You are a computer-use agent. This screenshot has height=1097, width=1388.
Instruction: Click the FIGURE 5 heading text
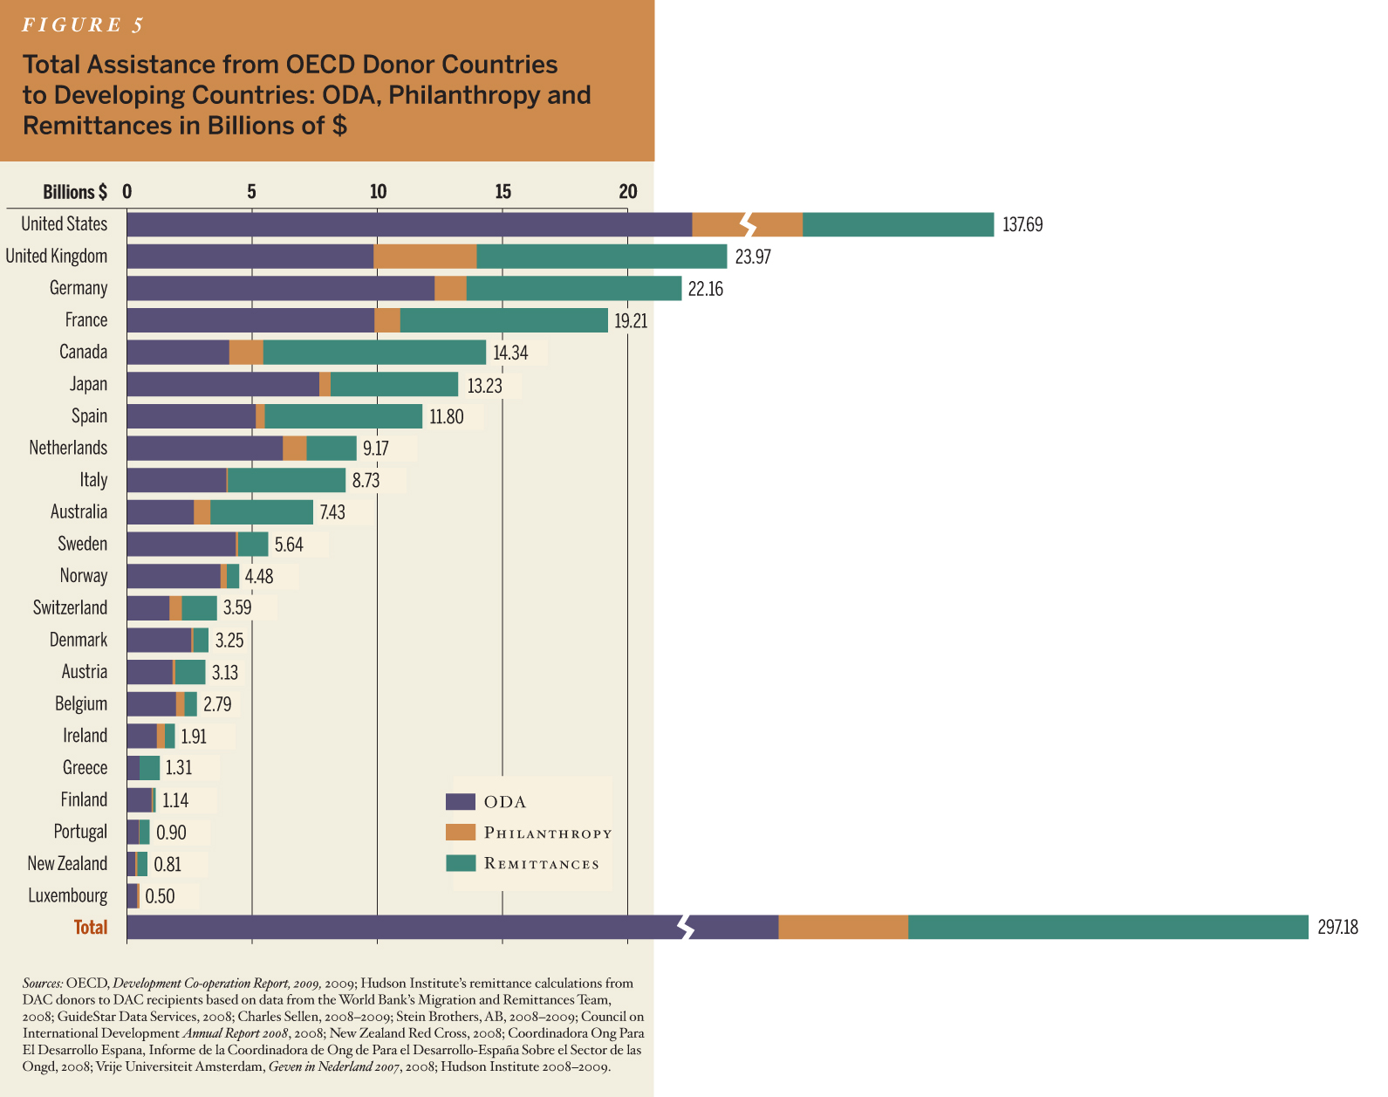83,25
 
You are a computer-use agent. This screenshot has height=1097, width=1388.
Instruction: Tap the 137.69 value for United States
1022,225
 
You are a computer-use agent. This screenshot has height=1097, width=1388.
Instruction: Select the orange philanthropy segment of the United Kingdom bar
425,257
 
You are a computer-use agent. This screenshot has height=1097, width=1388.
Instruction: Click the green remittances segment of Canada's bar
374,353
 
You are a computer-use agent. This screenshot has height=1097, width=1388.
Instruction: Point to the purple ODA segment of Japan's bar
222,385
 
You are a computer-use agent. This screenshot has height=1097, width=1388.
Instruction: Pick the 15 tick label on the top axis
503,192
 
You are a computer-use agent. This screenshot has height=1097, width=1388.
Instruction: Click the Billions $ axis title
75,192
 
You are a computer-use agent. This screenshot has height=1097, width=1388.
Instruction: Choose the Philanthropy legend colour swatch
460,833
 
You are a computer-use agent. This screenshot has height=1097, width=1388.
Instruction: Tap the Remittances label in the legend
542,864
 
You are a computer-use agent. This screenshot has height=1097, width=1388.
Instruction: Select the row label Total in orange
91,928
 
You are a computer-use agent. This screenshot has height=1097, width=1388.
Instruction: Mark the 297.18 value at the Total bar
1337,928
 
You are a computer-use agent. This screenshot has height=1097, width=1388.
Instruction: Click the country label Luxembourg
68,896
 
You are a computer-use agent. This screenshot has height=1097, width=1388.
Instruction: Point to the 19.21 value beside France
631,321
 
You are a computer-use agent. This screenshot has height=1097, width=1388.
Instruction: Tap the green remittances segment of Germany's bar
573,289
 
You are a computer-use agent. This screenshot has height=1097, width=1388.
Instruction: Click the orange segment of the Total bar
843,928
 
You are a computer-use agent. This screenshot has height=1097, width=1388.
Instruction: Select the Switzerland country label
70,608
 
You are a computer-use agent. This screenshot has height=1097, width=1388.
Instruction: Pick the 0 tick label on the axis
127,192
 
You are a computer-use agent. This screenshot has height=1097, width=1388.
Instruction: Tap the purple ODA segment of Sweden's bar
181,545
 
